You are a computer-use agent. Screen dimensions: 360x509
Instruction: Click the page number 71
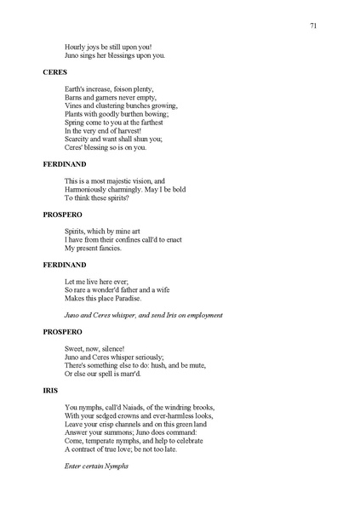313,26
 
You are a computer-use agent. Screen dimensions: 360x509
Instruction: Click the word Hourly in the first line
76,47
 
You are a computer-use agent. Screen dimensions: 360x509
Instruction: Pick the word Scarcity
78,140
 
